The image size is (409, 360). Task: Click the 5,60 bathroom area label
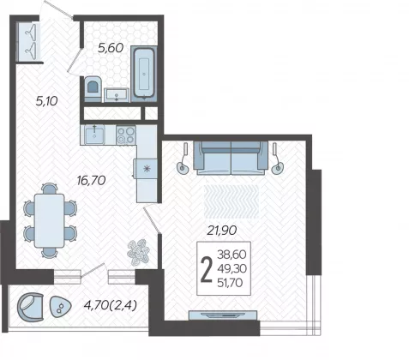coord(111,48)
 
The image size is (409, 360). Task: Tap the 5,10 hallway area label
coord(47,101)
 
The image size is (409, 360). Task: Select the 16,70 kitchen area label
coord(92,180)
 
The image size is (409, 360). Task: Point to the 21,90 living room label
coord(222,231)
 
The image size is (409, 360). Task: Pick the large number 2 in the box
coord(207,269)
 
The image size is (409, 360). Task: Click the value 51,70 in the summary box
coord(230,283)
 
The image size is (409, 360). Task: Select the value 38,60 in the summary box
coord(232,254)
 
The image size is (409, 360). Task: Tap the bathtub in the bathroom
coord(144,74)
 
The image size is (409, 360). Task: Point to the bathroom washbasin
coord(117,95)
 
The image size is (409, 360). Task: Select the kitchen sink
coord(94,135)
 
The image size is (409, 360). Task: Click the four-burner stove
coord(126,135)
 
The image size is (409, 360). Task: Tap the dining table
coord(50,220)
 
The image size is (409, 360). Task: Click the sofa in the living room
coord(231,158)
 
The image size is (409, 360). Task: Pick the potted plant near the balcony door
coord(138,252)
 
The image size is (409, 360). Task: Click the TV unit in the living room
coord(223,315)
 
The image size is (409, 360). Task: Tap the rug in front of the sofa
coord(232,201)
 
